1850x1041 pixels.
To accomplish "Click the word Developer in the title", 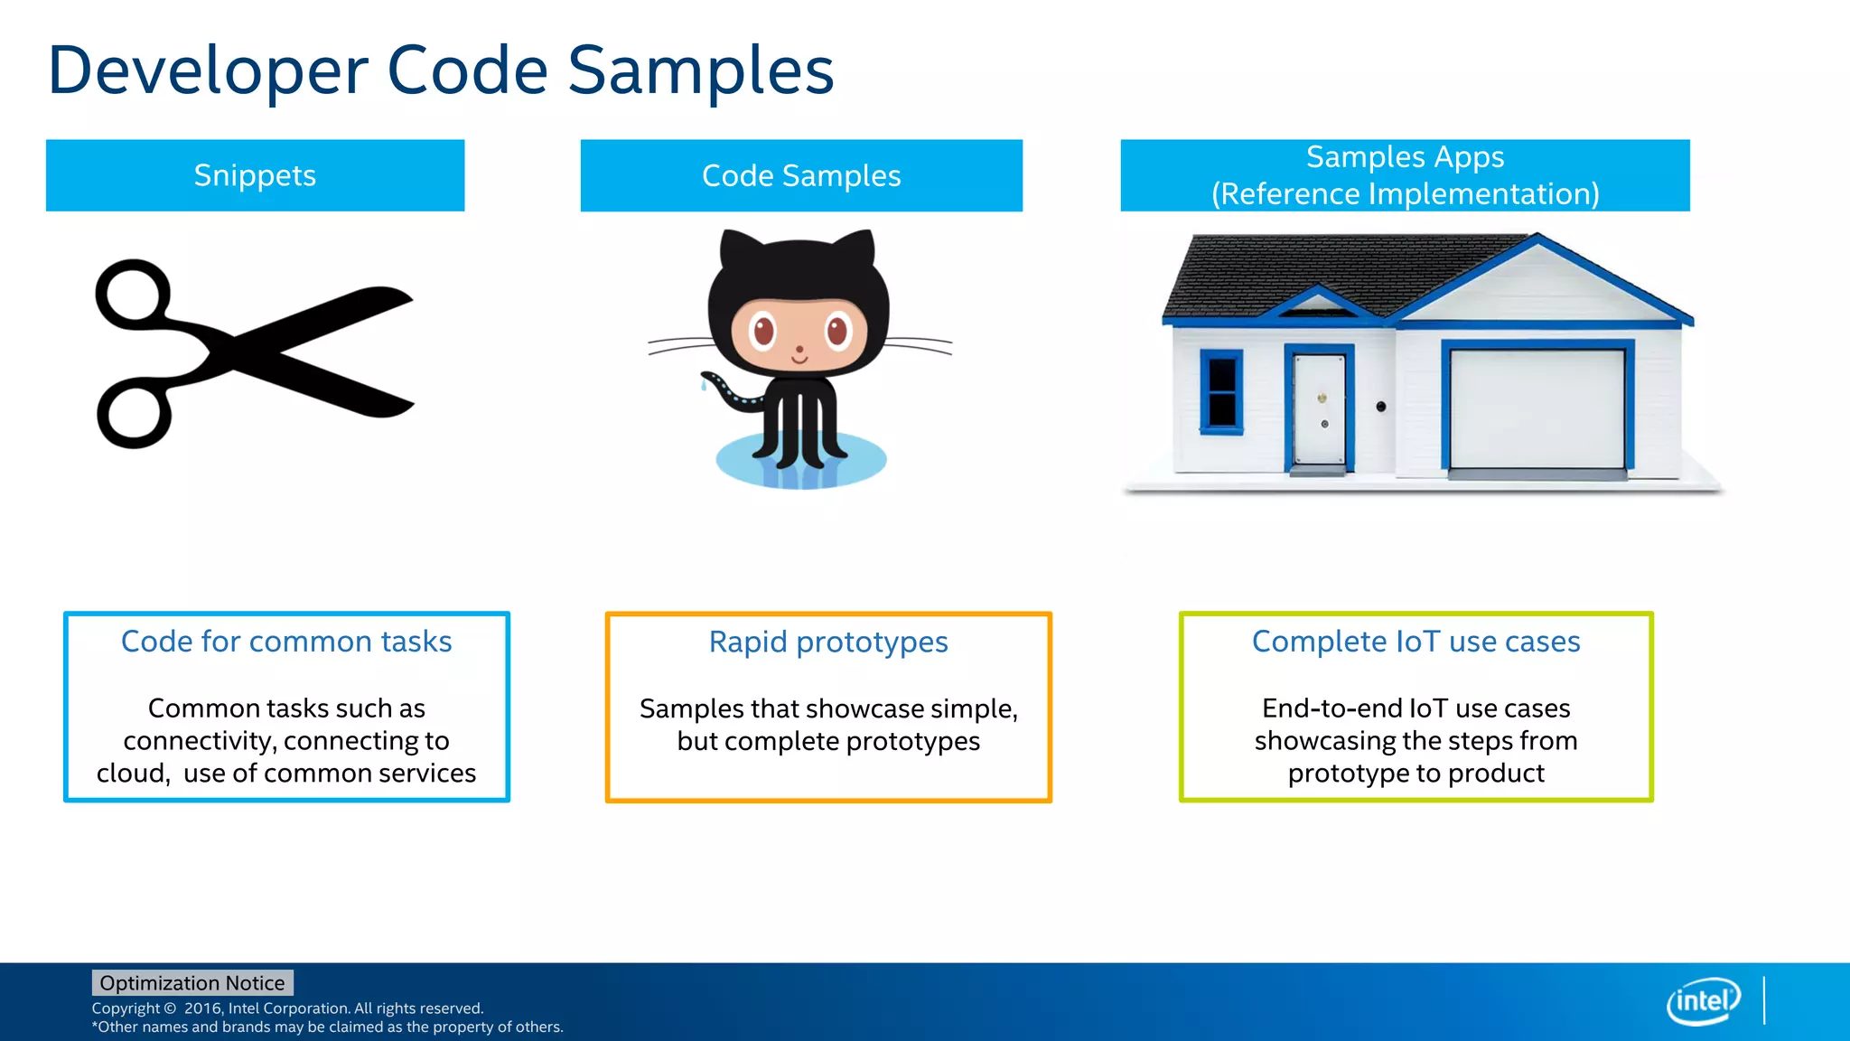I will [x=208, y=72].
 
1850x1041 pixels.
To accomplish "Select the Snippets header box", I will [x=255, y=175].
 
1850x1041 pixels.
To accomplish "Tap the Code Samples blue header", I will [x=801, y=175].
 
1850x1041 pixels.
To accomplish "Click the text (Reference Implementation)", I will [x=1405, y=193].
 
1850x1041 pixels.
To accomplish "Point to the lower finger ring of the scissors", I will [x=134, y=415].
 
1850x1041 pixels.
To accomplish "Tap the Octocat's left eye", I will [x=763, y=331].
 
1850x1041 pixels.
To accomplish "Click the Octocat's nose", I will [x=799, y=350].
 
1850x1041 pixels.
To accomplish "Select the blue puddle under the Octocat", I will [x=800, y=461].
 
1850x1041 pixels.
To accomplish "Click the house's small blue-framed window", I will [x=1221, y=392].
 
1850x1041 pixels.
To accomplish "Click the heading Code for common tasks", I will [x=286, y=642].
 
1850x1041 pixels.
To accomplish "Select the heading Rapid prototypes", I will [x=828, y=642].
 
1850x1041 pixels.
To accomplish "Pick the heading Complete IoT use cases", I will [x=1416, y=642].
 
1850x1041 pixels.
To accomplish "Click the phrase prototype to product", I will [x=1416, y=774].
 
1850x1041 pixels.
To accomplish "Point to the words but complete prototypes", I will [x=828, y=741].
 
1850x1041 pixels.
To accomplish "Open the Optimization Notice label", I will [x=192, y=983].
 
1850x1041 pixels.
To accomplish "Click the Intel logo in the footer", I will [x=1703, y=1001].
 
